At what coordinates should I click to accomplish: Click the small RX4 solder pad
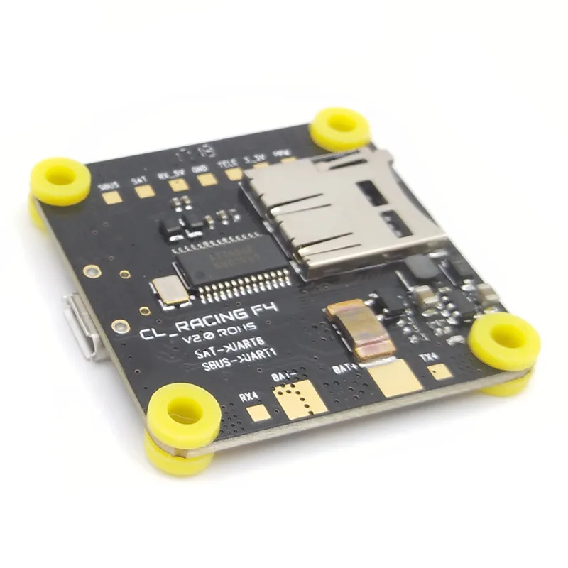point(258,413)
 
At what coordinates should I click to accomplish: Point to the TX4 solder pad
point(440,371)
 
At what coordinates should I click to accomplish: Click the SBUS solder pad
point(111,198)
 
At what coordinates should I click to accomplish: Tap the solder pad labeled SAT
point(144,190)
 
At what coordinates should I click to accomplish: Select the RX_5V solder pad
point(177,185)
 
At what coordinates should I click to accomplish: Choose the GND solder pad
point(207,179)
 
